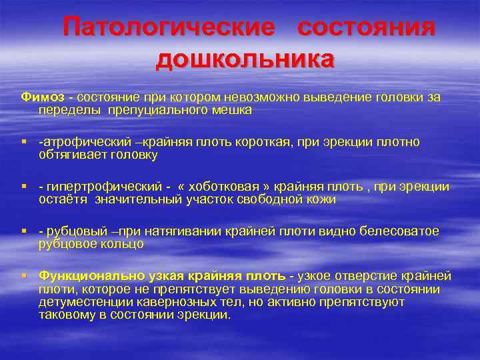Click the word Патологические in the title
click(169, 28)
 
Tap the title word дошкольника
click(245, 59)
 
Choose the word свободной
click(248, 199)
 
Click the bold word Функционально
click(83, 276)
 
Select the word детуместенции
click(81, 302)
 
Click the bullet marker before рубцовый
click(23, 231)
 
